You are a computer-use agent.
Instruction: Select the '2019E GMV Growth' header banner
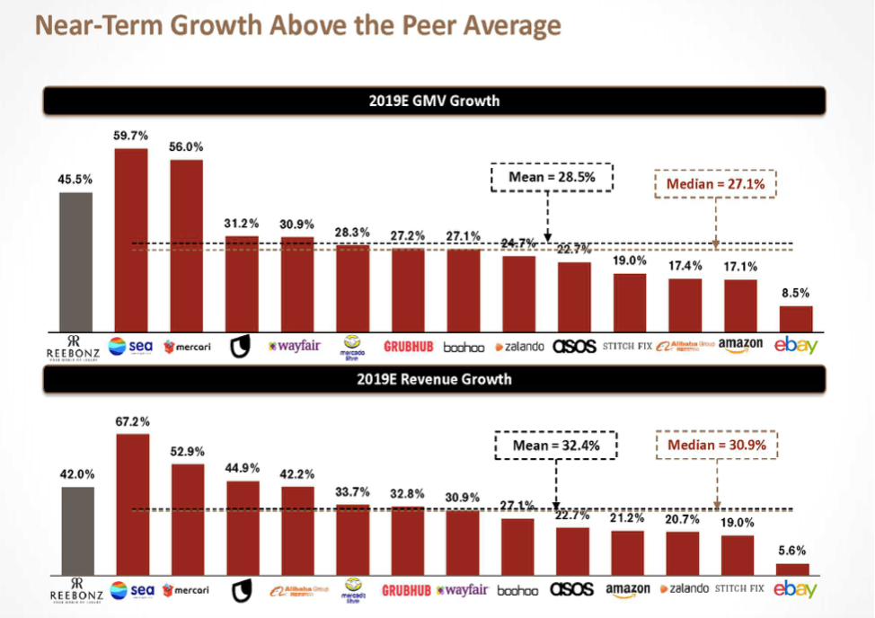434,101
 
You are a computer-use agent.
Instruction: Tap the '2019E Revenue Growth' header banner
434,379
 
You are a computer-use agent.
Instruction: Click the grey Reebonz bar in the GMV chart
75,260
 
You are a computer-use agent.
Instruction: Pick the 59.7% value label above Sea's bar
130,137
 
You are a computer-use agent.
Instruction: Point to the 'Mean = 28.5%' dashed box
552,177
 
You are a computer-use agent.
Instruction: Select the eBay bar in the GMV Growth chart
795,318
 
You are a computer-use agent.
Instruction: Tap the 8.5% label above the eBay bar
794,292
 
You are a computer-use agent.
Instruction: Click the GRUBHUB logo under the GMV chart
410,346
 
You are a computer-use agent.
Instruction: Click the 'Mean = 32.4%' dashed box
556,444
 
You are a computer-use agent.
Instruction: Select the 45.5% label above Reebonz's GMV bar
75,179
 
